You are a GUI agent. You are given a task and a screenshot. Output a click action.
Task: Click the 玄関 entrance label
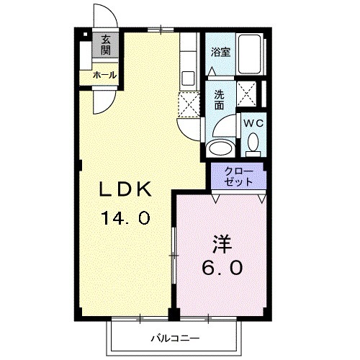coord(106,45)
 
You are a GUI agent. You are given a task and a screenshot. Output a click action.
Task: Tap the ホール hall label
coord(104,74)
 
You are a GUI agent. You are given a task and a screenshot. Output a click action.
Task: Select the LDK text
coord(124,190)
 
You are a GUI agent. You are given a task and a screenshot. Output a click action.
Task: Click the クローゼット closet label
coord(238,176)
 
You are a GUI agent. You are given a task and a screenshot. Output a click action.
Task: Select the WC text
coord(253,123)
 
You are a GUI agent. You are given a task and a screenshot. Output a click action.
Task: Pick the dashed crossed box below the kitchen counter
coord(188,104)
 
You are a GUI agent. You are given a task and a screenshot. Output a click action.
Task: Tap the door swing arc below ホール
coord(104,101)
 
